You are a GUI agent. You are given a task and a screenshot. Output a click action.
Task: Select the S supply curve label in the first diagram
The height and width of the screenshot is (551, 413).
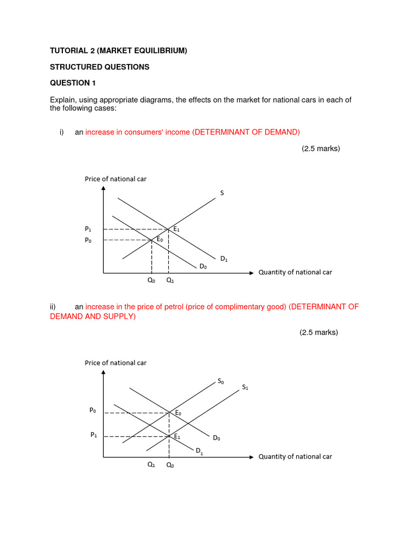(222, 193)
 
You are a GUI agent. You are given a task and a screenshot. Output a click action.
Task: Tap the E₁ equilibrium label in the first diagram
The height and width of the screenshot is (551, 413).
(176, 229)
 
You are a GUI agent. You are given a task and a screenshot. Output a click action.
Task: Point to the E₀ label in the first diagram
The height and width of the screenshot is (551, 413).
(160, 239)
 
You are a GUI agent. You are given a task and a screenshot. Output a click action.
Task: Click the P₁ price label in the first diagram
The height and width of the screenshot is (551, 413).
(88, 229)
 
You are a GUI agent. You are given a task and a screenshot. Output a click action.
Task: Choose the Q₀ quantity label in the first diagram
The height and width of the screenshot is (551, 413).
(152, 280)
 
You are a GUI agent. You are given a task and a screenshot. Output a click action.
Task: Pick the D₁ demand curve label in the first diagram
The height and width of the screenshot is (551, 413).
(224, 259)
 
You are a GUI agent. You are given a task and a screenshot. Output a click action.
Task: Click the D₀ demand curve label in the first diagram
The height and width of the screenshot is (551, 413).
(203, 266)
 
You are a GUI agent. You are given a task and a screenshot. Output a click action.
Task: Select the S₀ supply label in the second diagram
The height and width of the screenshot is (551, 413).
(220, 381)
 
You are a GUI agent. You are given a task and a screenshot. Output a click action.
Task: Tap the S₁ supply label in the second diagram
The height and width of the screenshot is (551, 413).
(245, 387)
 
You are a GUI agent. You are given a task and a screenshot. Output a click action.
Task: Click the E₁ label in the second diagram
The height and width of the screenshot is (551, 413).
(176, 436)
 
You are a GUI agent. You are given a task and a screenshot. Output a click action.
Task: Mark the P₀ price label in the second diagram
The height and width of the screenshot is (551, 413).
(92, 410)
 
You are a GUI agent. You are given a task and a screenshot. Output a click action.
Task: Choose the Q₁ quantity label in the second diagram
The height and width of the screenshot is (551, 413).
(151, 465)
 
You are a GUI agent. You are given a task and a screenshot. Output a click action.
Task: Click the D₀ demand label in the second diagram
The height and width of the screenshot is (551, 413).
(216, 438)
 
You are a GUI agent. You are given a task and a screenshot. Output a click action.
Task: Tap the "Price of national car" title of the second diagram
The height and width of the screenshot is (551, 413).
(116, 363)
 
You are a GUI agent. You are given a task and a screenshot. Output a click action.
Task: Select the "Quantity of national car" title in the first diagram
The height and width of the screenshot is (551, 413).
(295, 272)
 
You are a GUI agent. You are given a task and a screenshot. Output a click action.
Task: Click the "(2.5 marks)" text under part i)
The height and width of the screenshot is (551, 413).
(321, 149)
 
